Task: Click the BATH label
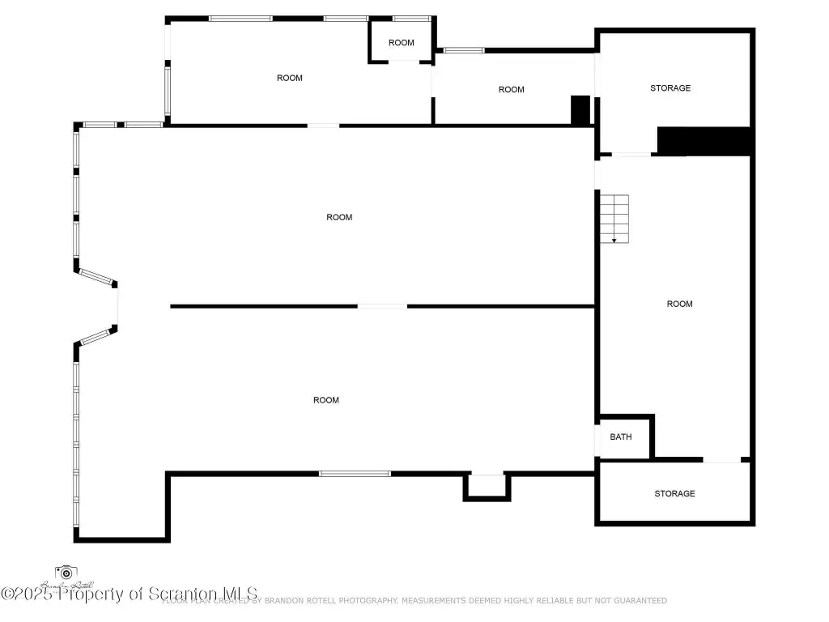click(621, 437)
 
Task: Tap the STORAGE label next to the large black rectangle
click(670, 87)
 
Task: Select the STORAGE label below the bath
click(674, 493)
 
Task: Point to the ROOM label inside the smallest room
click(401, 43)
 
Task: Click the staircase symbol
click(614, 218)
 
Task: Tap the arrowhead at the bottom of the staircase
click(614, 240)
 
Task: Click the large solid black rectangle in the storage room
click(704, 140)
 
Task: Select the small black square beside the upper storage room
click(580, 110)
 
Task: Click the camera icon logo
click(66, 573)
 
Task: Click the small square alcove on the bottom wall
click(487, 486)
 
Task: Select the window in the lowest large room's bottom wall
click(355, 474)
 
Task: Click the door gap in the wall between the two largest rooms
click(382, 306)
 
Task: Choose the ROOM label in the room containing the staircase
click(679, 304)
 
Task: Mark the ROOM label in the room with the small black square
click(511, 90)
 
